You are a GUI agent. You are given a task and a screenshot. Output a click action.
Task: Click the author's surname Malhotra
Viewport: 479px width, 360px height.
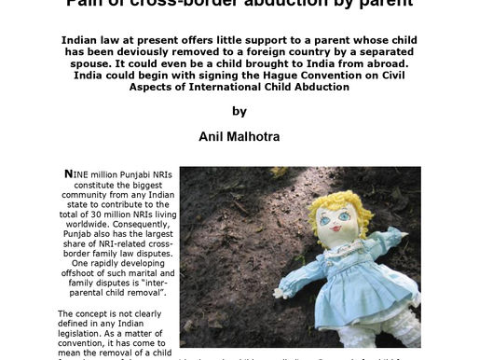[258, 136]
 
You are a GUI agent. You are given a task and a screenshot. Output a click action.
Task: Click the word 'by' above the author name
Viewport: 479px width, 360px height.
[239, 111]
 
